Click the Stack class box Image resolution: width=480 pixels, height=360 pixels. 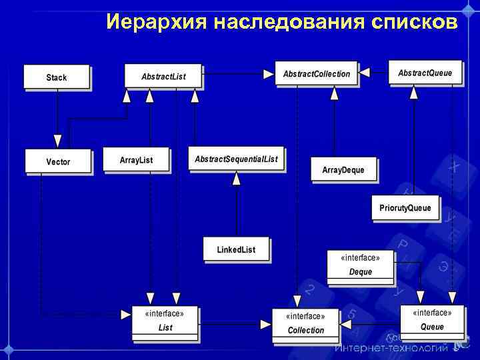57,77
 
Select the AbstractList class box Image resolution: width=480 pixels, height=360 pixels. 163,75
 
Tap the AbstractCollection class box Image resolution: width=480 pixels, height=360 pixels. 316,73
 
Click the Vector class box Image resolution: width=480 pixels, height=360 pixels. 58,161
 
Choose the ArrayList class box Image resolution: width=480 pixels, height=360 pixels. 136,159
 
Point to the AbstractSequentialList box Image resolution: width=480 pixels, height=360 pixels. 236,159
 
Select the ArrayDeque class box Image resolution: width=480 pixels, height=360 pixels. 343,169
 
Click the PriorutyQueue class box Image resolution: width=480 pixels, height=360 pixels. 405,207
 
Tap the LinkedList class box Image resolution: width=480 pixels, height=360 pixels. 236,249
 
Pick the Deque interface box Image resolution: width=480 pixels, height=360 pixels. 360,264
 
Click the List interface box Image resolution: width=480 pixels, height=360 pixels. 165,320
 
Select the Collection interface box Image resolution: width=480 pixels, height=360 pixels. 305,323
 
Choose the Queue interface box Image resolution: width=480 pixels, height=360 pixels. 432,319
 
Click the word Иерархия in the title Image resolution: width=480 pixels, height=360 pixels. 157,23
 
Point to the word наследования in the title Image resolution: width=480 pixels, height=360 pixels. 289,23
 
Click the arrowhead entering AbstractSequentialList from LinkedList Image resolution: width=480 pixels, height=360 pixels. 236,178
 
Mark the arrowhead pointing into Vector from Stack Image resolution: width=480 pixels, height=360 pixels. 57,141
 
